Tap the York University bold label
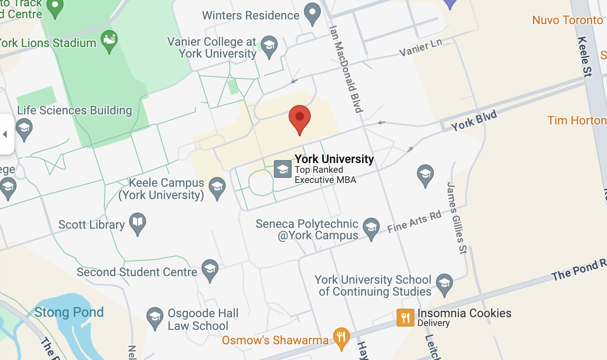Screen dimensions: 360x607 pos(334,159)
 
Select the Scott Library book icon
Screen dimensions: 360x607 pos(138,222)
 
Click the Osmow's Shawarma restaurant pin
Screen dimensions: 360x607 pos(341,338)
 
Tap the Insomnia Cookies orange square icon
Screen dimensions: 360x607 pos(405,318)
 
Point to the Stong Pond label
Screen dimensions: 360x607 pos(69,313)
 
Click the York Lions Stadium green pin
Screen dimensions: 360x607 pos(109,41)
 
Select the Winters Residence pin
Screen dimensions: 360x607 pos(312,13)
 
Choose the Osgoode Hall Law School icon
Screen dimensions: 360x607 pos(155,317)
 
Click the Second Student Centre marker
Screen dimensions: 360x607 pos(210,270)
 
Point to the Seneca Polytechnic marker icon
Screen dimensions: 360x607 pos(371,228)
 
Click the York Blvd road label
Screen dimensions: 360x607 pos(474,121)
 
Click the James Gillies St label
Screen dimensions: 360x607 pos(457,218)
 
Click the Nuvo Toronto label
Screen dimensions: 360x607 pos(567,20)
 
